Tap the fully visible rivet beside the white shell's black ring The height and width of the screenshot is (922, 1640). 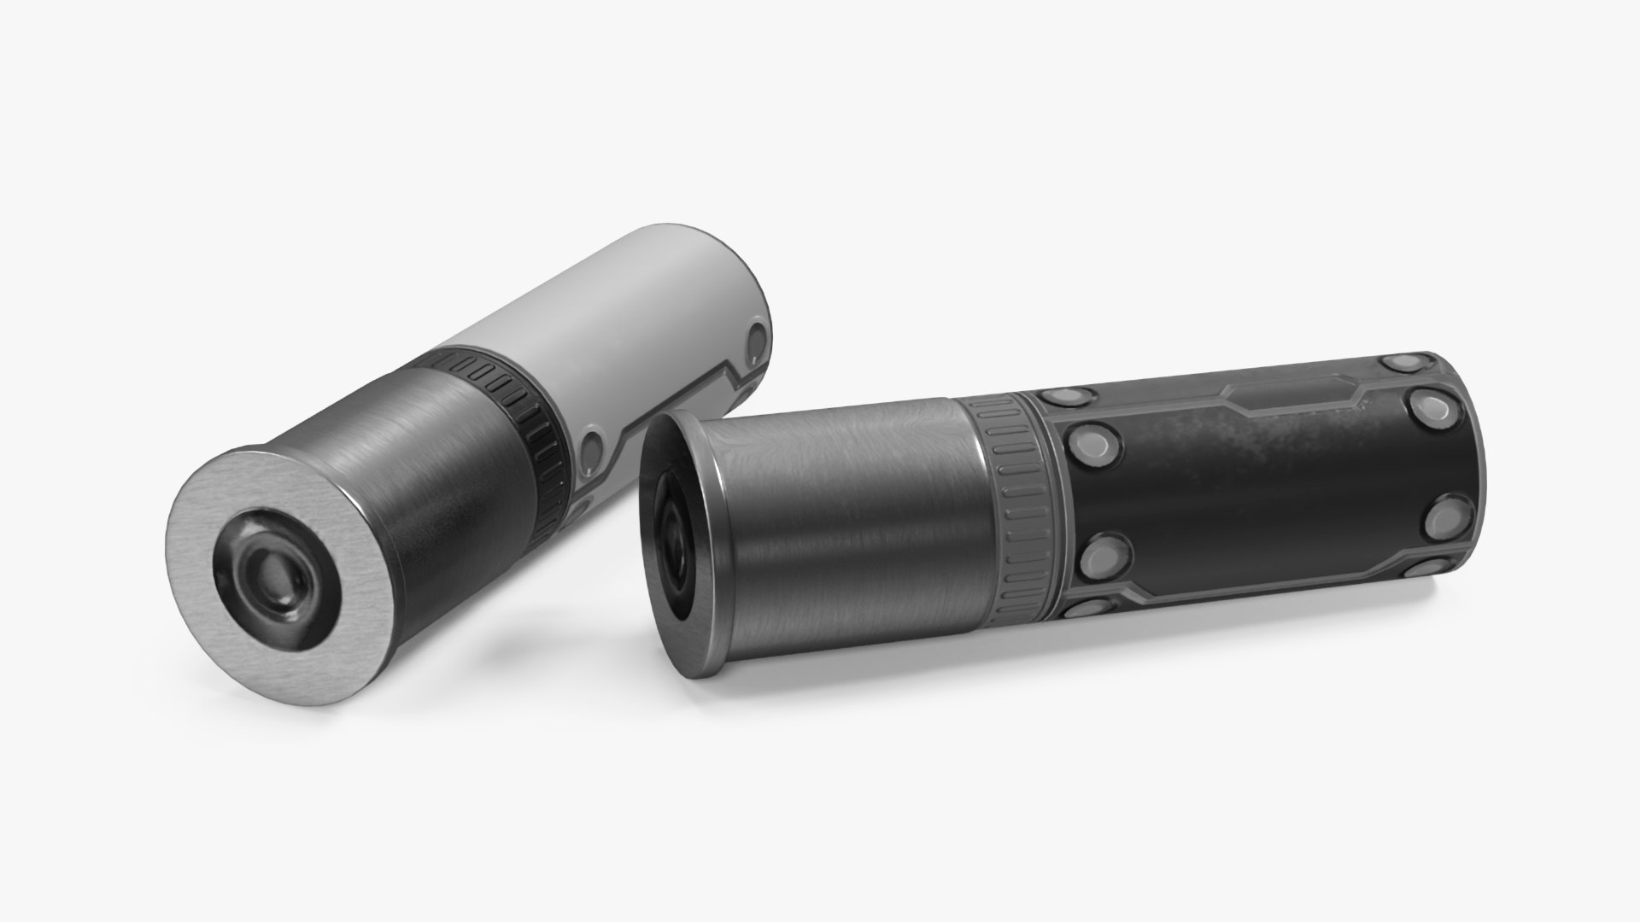coord(592,444)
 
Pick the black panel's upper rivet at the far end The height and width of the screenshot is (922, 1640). coord(1435,406)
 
